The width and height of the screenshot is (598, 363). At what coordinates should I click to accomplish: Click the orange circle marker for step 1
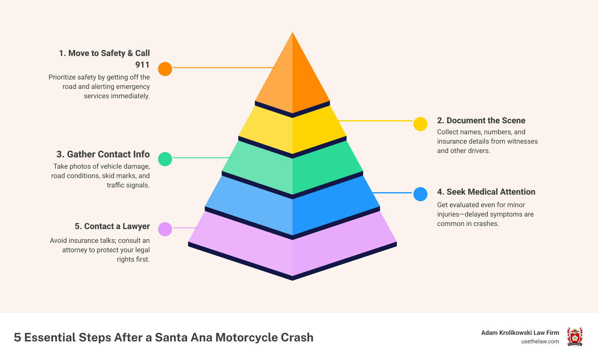165,69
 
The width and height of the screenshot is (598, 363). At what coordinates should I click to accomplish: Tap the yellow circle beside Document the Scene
420,124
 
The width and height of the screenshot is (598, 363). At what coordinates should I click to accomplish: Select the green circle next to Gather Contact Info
165,159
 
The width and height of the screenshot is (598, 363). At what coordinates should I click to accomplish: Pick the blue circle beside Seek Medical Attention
420,194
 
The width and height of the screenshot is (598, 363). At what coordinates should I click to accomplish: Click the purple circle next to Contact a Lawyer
165,229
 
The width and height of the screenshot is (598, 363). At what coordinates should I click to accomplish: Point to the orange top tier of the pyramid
292,78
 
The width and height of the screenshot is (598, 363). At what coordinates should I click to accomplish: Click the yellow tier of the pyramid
292,131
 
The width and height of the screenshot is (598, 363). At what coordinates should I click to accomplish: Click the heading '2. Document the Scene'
481,120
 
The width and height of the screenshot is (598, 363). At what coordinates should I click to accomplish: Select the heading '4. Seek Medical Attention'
486,192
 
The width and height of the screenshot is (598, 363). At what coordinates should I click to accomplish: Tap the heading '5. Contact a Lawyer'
112,226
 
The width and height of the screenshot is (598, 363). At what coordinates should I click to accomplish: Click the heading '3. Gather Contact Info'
103,154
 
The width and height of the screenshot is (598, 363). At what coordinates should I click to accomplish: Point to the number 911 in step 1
142,65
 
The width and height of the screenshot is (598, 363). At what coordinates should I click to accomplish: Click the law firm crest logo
575,337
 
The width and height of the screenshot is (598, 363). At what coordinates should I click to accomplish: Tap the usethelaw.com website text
540,341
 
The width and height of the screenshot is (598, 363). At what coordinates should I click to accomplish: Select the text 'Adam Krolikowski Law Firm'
520,333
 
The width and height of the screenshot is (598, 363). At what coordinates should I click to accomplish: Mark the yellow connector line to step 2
376,120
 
